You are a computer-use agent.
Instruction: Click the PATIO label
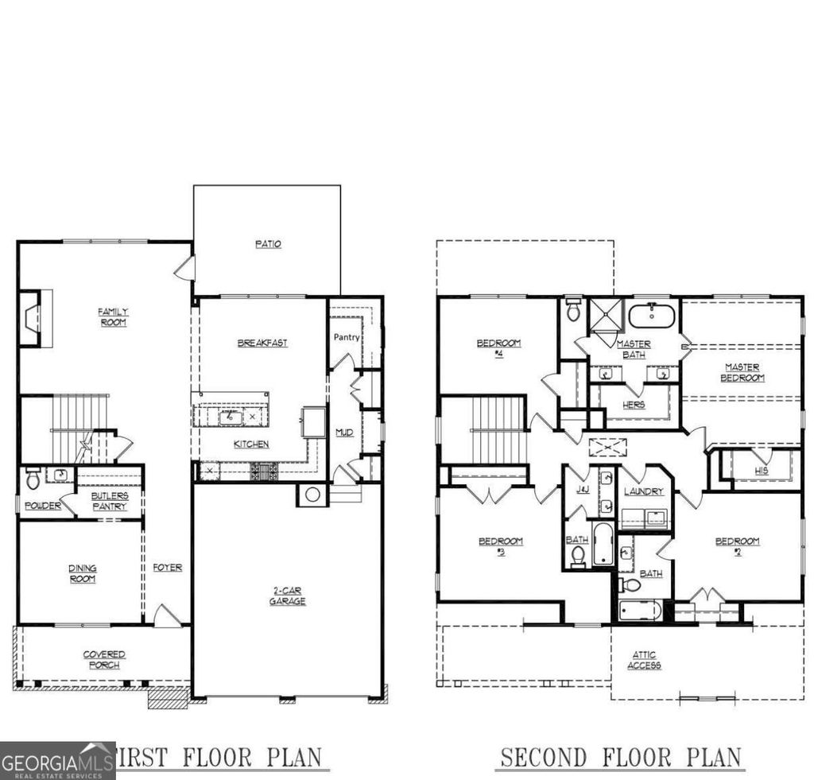tap(268, 244)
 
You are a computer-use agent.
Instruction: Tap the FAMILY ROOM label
tap(113, 316)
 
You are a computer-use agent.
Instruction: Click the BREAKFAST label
tap(262, 343)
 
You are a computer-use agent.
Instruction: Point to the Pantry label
tap(347, 337)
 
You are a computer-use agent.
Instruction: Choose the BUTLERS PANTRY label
tap(109, 501)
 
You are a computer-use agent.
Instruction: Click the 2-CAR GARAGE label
tap(287, 596)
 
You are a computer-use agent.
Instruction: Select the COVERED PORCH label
tap(104, 659)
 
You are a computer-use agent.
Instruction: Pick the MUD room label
tap(344, 433)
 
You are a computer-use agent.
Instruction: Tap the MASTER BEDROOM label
tap(742, 372)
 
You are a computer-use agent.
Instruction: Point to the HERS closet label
tap(634, 405)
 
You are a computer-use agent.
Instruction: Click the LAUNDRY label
tap(643, 491)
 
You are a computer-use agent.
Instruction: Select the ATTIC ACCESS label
tap(644, 660)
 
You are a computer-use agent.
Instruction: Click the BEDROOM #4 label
tap(498, 347)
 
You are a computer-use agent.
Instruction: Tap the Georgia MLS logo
tap(56, 759)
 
